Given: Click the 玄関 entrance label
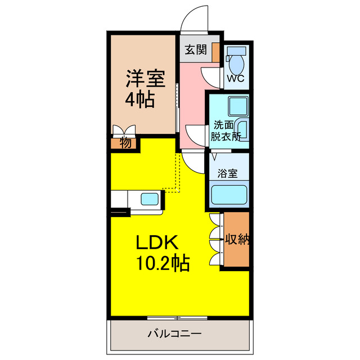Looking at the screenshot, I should point(194,50).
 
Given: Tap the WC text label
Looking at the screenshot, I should point(235,78).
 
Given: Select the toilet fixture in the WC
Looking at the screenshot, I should point(235,58).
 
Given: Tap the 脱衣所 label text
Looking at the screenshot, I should point(226,136).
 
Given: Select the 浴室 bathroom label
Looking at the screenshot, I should point(228,174).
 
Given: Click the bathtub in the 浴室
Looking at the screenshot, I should point(228,194).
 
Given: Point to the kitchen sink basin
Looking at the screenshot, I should point(150,199).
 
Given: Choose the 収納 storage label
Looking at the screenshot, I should point(237,239).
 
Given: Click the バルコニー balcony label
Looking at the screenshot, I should point(174,334).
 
